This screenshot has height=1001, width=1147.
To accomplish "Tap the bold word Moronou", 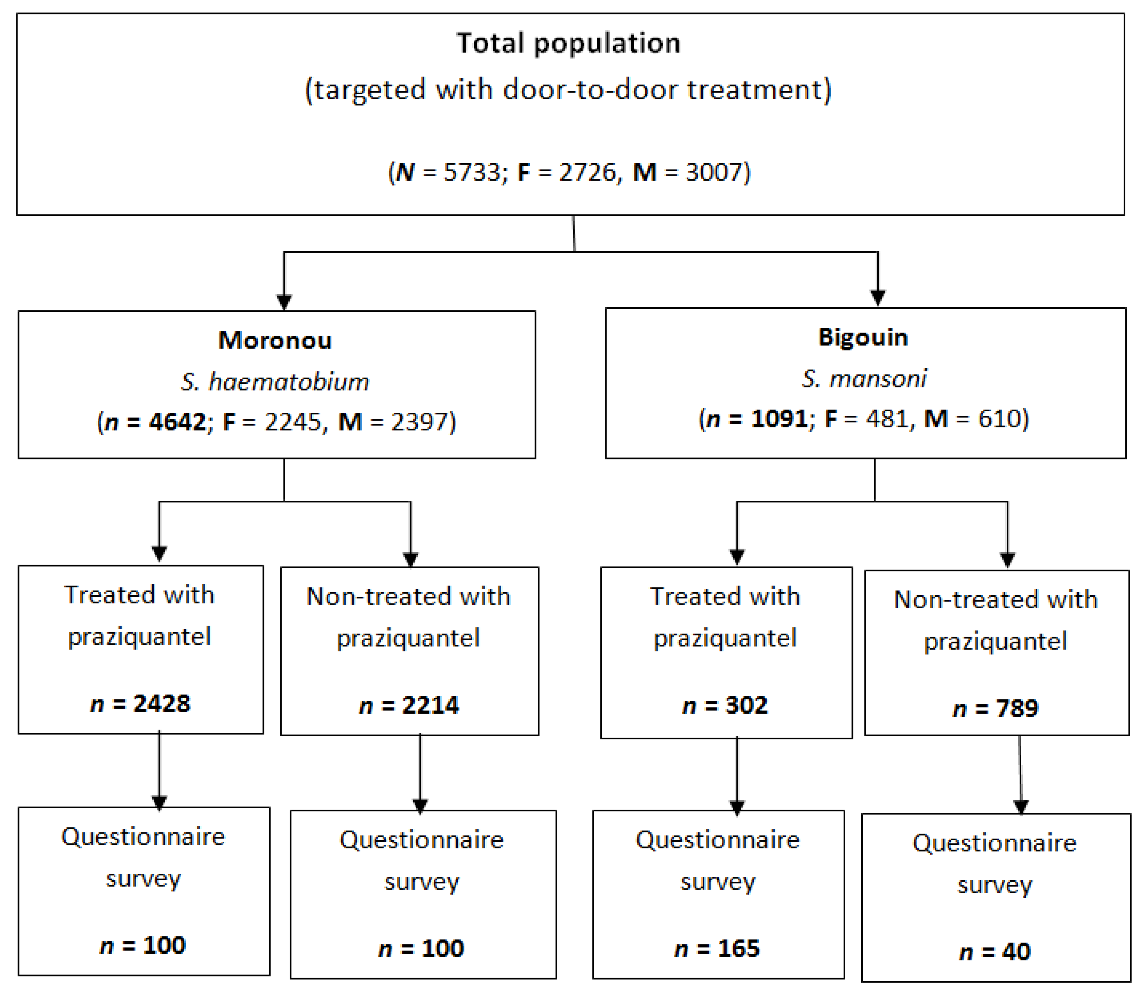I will tap(275, 340).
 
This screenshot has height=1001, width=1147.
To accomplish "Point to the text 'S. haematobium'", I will tap(275, 382).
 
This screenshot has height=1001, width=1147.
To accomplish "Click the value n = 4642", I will tap(155, 422).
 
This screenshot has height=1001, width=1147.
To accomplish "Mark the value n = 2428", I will tap(140, 703).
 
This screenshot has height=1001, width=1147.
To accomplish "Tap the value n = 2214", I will tap(409, 705).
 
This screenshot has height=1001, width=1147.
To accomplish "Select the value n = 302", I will tap(725, 705).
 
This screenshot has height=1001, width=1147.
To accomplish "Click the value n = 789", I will tap(996, 708).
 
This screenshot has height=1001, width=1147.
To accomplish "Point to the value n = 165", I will tap(718, 948).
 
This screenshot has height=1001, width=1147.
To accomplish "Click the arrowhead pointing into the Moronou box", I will tap(284, 302).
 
